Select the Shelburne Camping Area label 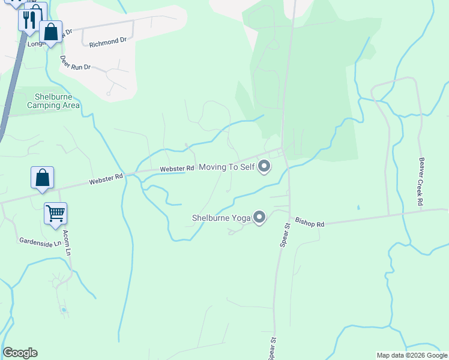(53, 101)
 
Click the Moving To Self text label (226, 167)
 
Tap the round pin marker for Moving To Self (263, 167)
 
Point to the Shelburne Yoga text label (220, 218)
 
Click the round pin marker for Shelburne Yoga (259, 217)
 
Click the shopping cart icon (55, 213)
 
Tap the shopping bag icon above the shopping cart (42, 178)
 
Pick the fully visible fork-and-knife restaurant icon (29, 20)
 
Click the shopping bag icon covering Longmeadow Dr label (51, 31)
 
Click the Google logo (20, 353)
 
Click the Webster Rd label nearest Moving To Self (177, 169)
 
